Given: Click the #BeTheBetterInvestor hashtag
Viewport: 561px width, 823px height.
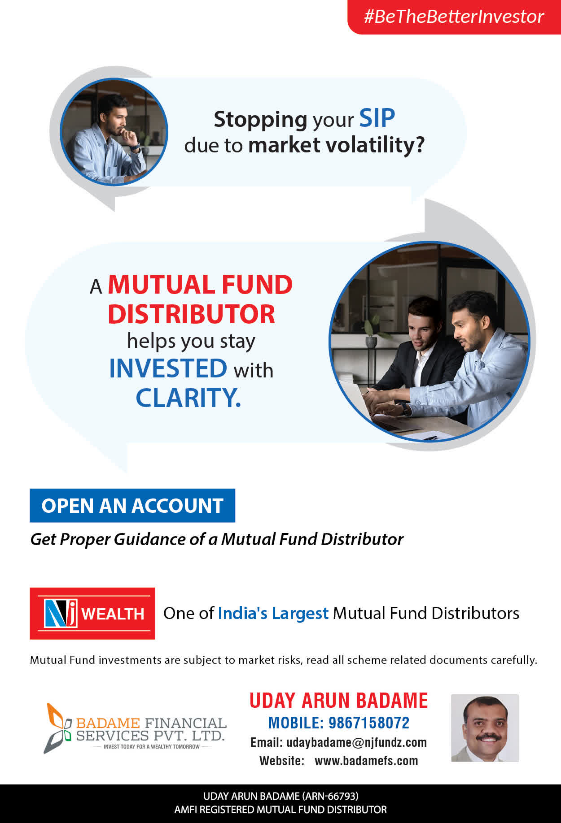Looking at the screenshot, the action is coord(454,17).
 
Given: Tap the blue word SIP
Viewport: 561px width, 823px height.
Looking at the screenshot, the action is coord(377,118).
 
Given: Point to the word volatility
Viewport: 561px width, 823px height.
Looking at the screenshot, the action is coord(375,145).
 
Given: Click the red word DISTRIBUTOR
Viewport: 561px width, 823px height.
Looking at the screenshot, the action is coord(191,314).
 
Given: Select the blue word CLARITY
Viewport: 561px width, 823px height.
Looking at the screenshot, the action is coord(188,398).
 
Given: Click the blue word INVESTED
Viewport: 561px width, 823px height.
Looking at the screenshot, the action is coord(168,368).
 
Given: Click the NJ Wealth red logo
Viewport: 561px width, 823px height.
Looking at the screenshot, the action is coord(92,613).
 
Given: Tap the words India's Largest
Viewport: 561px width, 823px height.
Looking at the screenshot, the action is coord(273,613).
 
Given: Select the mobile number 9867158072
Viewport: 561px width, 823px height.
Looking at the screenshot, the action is coord(369,723).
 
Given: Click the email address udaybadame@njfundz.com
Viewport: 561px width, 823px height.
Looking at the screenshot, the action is coord(356,742).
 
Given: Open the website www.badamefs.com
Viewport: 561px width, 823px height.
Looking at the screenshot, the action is coord(366,761).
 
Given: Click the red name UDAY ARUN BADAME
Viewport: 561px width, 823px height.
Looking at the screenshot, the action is coord(339,701).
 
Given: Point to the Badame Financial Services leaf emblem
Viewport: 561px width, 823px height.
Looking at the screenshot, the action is coord(58,728).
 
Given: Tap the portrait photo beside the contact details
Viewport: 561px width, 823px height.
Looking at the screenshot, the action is coord(485,728).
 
